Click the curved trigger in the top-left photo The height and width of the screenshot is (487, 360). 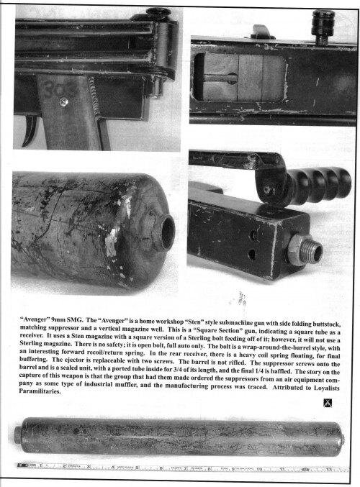click(31, 130)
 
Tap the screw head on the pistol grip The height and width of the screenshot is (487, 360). click(64, 101)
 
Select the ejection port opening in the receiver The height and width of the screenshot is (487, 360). click(239, 77)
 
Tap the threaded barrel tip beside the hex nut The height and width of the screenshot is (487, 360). click(314, 250)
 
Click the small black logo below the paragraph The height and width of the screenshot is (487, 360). click(328, 403)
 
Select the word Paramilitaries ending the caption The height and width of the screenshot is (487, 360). click(40, 391)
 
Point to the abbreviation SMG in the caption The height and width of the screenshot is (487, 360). click(75, 319)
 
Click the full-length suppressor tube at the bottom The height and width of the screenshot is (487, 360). click(179, 437)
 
